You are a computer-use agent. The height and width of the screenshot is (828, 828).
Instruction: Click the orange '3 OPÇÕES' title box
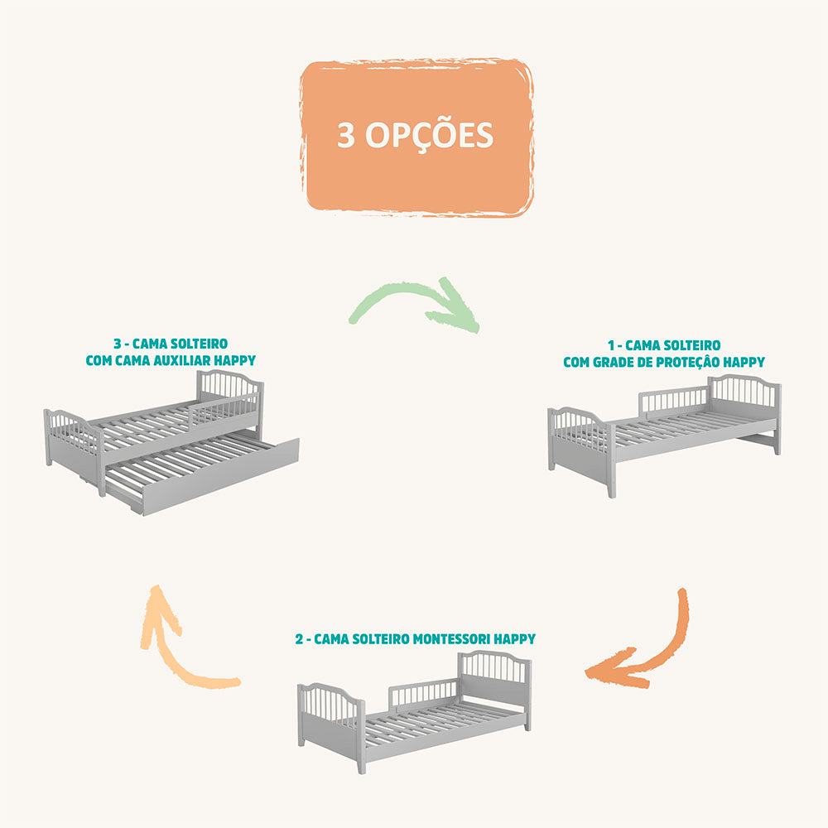(x=416, y=137)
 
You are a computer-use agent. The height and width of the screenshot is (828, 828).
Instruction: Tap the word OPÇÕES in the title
(x=429, y=135)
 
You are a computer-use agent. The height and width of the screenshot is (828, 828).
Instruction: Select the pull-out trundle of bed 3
(x=202, y=472)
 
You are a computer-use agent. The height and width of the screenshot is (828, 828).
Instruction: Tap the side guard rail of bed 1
(x=674, y=400)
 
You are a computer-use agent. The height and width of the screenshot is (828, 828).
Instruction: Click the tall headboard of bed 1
(x=744, y=407)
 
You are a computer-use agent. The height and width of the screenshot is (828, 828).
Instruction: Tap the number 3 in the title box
(x=346, y=135)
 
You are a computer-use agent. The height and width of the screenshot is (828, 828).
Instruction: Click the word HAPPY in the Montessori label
(x=514, y=639)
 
